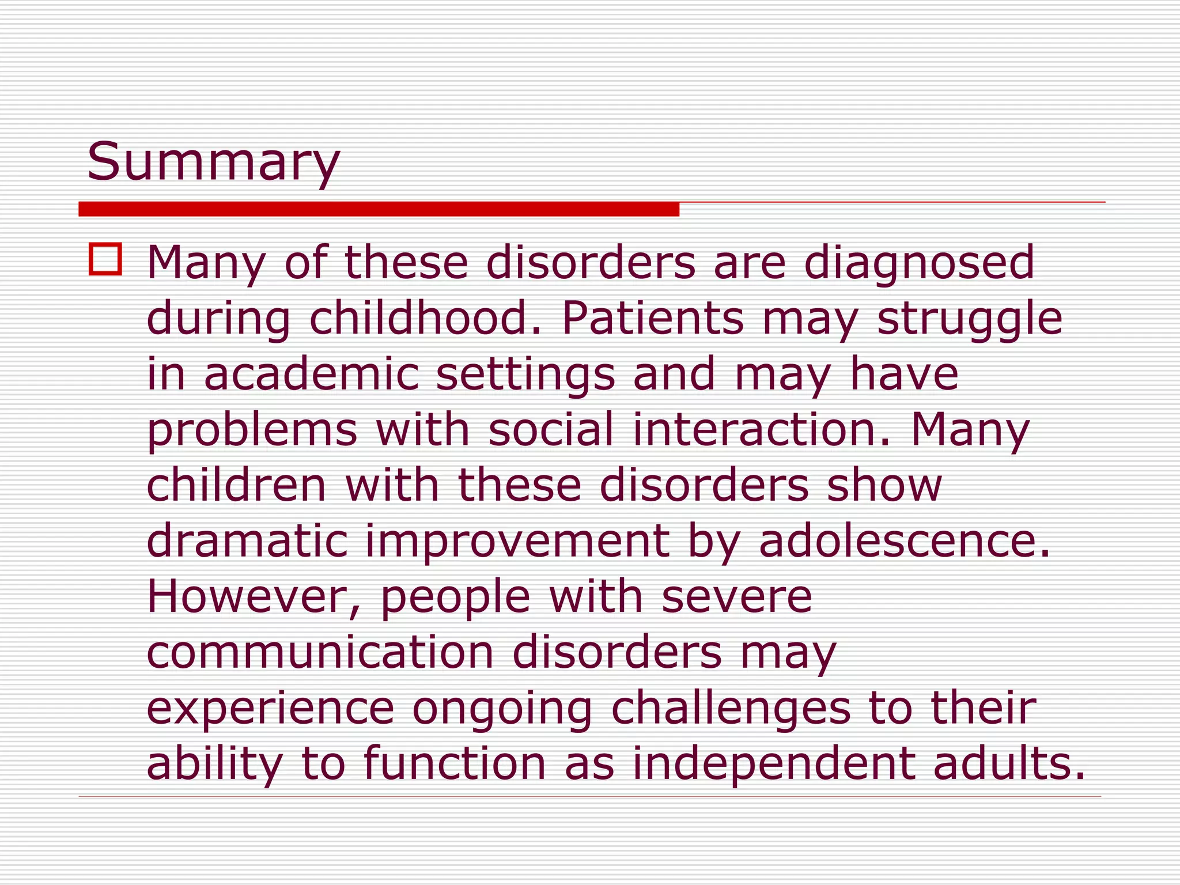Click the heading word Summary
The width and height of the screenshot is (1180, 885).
click(213, 163)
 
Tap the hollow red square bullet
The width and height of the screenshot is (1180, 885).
click(105, 260)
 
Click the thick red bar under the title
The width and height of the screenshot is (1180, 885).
click(379, 209)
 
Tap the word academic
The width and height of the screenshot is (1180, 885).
click(311, 373)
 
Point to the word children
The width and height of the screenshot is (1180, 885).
click(237, 485)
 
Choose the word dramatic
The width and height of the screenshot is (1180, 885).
click(247, 540)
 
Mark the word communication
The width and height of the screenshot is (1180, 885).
click(320, 652)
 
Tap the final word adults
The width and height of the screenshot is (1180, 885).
click(1008, 763)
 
